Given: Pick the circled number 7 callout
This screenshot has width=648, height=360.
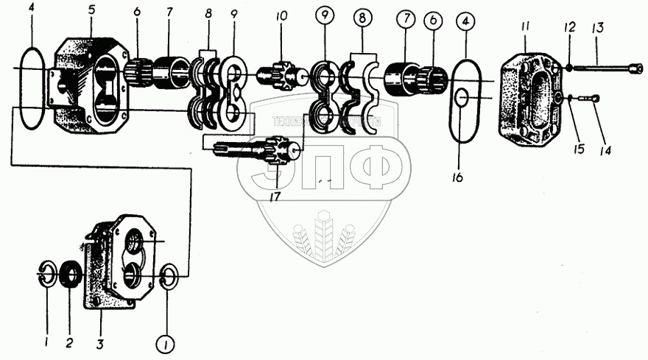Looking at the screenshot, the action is point(404,18).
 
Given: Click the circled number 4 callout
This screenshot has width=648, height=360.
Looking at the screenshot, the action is point(465,23).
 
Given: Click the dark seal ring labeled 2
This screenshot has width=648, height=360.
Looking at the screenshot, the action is point(73,275).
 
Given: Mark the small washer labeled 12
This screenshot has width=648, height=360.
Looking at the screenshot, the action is point(568,68).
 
